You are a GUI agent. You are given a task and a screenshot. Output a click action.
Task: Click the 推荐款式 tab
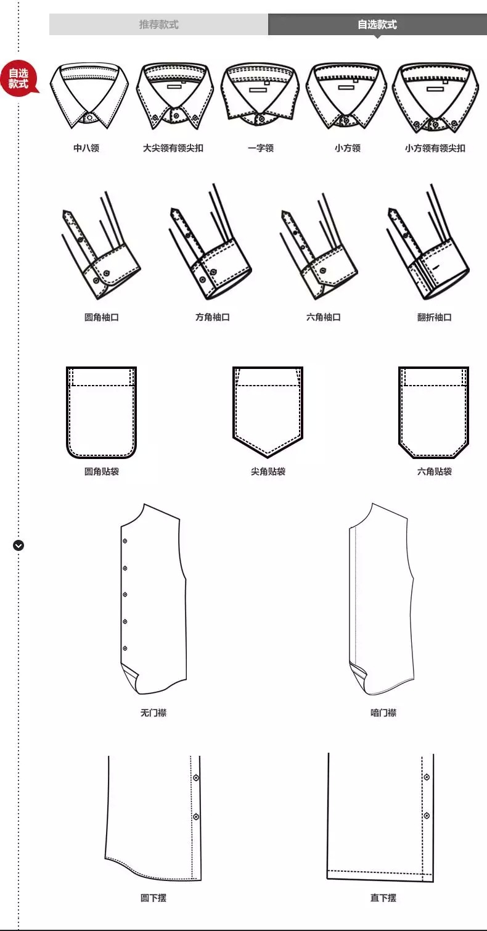[158, 25]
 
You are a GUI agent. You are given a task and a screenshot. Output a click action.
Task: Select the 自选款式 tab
[377, 25]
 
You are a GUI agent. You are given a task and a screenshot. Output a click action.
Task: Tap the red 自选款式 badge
[19, 78]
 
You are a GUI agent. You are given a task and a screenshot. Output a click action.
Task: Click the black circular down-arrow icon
[18, 545]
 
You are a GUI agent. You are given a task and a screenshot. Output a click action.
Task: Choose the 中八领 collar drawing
[89, 96]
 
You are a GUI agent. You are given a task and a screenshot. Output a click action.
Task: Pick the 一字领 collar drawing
[260, 94]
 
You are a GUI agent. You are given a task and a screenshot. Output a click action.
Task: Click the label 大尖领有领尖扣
[173, 148]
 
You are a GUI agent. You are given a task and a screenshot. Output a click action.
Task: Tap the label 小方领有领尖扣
[435, 148]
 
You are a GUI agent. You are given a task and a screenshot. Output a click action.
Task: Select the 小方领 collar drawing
[346, 96]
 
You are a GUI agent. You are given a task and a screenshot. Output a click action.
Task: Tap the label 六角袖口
[324, 317]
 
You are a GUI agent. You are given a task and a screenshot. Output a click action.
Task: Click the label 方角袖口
[213, 317]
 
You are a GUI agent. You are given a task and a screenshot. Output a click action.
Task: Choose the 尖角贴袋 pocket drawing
[268, 412]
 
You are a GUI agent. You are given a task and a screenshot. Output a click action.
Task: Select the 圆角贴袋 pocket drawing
[101, 412]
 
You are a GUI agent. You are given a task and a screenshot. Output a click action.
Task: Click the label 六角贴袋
[434, 471]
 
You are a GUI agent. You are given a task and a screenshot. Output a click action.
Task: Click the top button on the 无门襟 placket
[125, 541]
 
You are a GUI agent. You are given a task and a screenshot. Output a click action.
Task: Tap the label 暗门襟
[383, 713]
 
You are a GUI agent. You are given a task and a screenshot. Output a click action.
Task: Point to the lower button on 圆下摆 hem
[196, 817]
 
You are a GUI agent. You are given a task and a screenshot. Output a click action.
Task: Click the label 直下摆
[383, 898]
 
